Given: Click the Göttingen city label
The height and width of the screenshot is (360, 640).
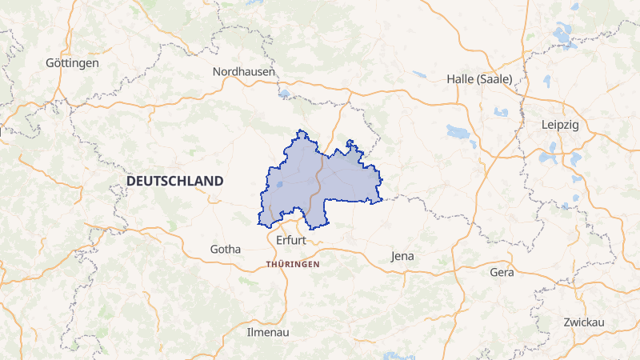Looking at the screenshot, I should (72, 62).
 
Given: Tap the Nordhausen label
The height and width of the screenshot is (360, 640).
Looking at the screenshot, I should (244, 72).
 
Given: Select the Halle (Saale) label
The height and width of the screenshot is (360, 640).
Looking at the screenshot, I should (479, 79).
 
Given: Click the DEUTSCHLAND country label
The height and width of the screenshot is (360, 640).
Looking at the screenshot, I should (174, 182).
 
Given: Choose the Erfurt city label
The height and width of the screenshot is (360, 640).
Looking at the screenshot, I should (290, 240).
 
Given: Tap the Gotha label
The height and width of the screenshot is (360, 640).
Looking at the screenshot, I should (225, 249).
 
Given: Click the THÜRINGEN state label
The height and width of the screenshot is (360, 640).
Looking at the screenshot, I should (293, 263).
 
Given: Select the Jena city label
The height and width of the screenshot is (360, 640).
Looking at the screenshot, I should (402, 256).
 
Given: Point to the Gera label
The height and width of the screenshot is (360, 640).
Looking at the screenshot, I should (502, 272).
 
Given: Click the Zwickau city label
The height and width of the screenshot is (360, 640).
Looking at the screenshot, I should (582, 322).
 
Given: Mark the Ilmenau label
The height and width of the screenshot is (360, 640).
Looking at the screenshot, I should (268, 331).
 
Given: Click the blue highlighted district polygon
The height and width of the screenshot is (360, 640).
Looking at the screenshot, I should (344, 180).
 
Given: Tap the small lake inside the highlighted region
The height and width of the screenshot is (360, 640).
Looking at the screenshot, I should (278, 186).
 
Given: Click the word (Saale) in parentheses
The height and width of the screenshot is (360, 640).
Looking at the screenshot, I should (494, 79).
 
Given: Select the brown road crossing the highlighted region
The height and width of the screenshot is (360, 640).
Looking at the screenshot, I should (318, 180).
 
